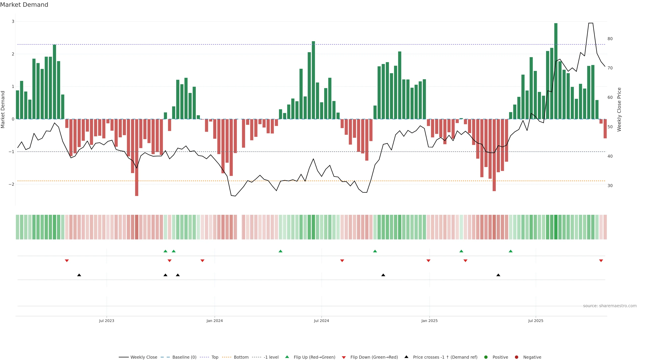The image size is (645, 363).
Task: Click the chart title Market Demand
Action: pos(24,5)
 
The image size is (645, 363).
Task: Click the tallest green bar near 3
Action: pos(556,70)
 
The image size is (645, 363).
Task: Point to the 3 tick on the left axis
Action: pos(13,22)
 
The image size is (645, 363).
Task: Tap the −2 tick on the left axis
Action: pos(12,184)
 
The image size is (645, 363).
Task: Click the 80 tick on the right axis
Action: pos(610,39)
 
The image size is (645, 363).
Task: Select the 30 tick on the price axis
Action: pos(610,186)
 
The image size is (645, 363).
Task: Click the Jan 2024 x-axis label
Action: pos(215,321)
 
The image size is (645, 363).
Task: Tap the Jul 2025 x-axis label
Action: pos(536,321)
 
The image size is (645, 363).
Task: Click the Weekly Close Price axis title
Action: pos(619,109)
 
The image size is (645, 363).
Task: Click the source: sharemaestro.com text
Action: pos(610,306)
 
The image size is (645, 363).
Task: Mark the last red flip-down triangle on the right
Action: pos(601,261)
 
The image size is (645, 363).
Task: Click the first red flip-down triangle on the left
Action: pos(67,261)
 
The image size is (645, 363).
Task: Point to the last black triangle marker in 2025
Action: pos(498,275)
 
